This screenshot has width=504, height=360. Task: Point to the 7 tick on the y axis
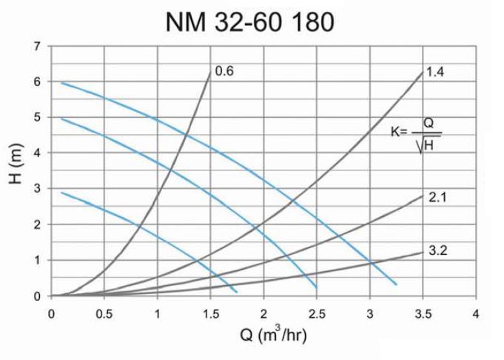pyautogui.click(x=38, y=46)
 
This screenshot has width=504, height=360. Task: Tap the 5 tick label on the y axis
pyautogui.click(x=38, y=117)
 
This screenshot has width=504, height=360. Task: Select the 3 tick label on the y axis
pyautogui.click(x=38, y=189)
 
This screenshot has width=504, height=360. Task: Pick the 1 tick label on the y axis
pyautogui.click(x=38, y=261)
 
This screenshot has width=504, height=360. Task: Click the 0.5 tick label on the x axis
pyautogui.click(x=104, y=313)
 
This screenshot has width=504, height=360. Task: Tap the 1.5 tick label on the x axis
pyautogui.click(x=210, y=313)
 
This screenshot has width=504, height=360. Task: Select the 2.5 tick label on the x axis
pyautogui.click(x=317, y=313)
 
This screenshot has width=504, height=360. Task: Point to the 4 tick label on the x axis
pyautogui.click(x=476, y=313)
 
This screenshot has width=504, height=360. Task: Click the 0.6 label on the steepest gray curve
pyautogui.click(x=224, y=72)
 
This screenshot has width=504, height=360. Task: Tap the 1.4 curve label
pyautogui.click(x=435, y=72)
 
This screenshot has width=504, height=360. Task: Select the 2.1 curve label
pyautogui.click(x=435, y=197)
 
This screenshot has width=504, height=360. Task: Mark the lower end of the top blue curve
pyautogui.click(x=397, y=284)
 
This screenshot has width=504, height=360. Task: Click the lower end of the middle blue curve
pyautogui.click(x=317, y=287)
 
